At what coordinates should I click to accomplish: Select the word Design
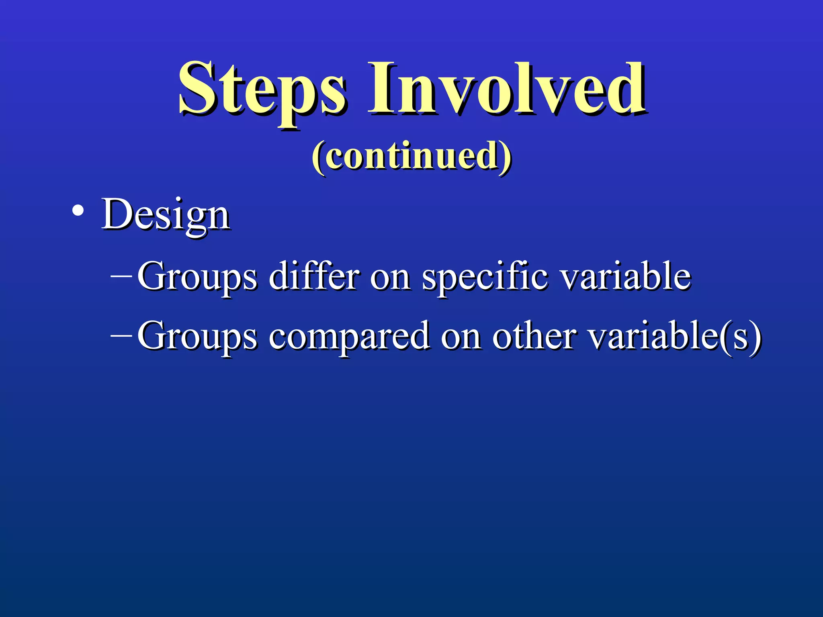coord(166,215)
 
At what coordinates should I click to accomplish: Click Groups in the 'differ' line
coord(197,277)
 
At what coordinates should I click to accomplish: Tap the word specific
coord(485,277)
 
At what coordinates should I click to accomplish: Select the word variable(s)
coord(675,336)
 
